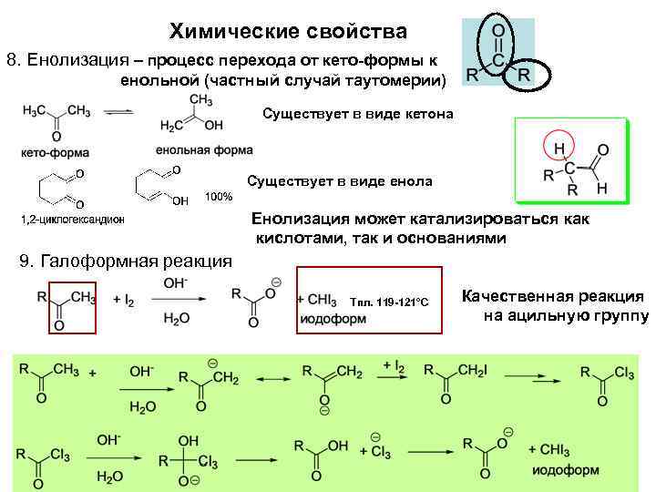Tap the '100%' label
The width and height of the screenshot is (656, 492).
pyautogui.click(x=219, y=197)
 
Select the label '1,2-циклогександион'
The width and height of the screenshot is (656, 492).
pyautogui.click(x=72, y=220)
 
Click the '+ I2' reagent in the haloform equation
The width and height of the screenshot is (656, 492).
pyautogui.click(x=123, y=300)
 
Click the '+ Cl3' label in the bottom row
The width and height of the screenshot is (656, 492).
pyautogui.click(x=381, y=450)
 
